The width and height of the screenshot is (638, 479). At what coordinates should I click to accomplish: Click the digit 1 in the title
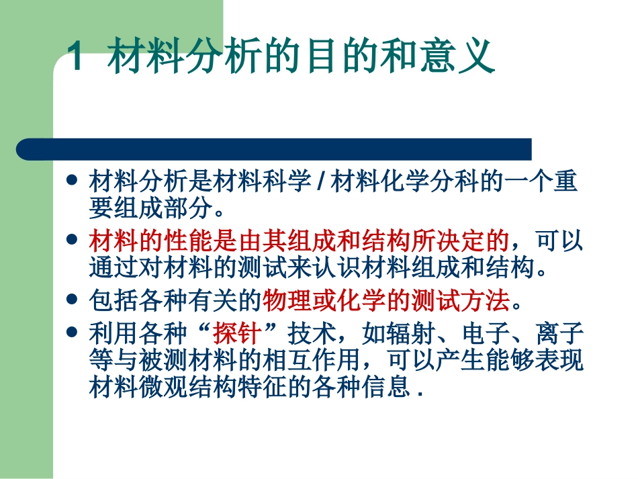point(77,58)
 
